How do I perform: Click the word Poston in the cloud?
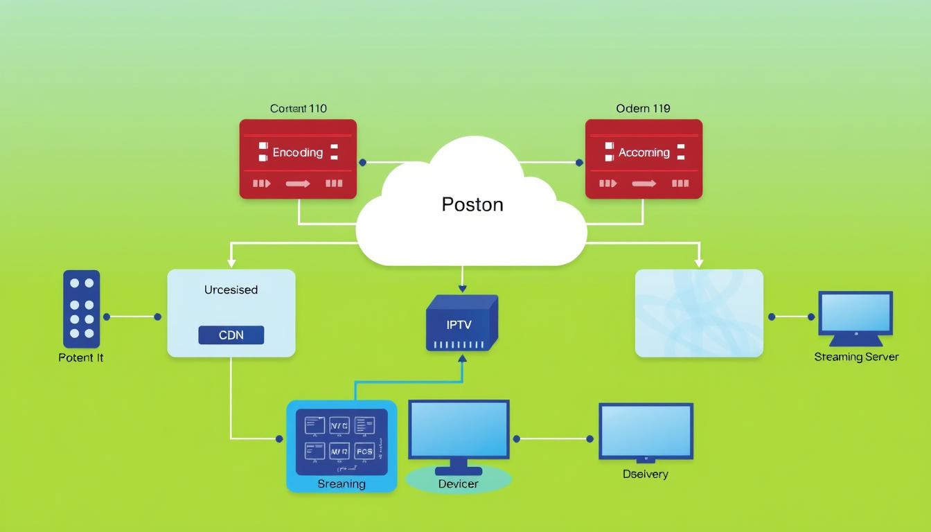coord(472,204)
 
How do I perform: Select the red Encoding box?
coord(298,159)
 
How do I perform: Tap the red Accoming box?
coord(644,159)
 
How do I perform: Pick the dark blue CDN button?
coord(231,335)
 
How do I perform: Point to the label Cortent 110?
coord(298,109)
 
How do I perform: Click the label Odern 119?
coord(643,109)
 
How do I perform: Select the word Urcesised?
coord(231,290)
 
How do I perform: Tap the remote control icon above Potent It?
coord(82,309)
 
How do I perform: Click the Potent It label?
coord(81,357)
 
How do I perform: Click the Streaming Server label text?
coord(856,357)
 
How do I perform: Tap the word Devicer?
coord(458,484)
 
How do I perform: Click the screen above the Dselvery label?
coord(646,432)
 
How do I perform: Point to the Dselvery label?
coord(645,474)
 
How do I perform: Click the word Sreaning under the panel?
coord(342,484)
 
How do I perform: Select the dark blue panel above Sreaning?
coord(342,441)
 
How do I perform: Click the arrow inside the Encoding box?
coord(297,184)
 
